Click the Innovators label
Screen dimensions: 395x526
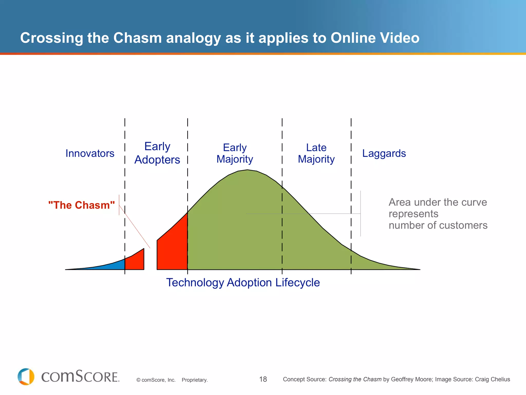click(90, 153)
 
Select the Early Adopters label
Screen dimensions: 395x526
click(157, 153)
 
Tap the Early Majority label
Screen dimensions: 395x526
click(235, 153)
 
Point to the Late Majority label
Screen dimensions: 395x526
click(316, 153)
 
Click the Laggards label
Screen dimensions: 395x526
click(384, 153)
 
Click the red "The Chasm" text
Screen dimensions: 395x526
click(81, 205)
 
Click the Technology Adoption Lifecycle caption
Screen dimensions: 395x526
click(243, 282)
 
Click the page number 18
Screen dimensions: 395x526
click(263, 379)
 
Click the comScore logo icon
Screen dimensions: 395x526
click(26, 376)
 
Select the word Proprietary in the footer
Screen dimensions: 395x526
click(194, 380)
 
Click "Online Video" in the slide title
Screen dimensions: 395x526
click(375, 38)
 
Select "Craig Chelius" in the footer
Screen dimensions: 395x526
click(492, 379)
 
